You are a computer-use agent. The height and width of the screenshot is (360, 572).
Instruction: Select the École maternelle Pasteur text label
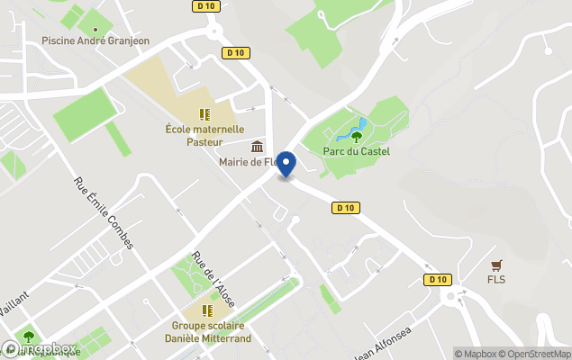click(204, 135)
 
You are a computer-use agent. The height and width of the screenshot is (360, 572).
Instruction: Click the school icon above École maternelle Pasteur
click(204, 114)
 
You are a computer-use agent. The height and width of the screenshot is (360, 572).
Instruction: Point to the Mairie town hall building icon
click(258, 147)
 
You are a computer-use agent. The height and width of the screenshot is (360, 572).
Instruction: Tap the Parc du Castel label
click(357, 151)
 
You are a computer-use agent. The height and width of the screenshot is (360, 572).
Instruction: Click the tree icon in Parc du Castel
click(357, 137)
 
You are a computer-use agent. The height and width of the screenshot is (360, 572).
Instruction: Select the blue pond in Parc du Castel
click(351, 130)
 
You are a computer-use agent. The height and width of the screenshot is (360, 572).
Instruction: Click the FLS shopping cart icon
click(495, 265)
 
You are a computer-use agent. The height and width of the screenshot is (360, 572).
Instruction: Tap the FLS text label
click(495, 279)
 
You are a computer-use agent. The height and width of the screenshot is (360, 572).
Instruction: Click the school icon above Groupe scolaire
click(206, 310)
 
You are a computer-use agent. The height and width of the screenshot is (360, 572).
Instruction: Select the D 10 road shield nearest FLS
click(438, 279)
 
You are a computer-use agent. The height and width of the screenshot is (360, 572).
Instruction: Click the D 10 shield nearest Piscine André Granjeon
click(236, 53)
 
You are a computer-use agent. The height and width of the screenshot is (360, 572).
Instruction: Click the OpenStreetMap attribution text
click(535, 353)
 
